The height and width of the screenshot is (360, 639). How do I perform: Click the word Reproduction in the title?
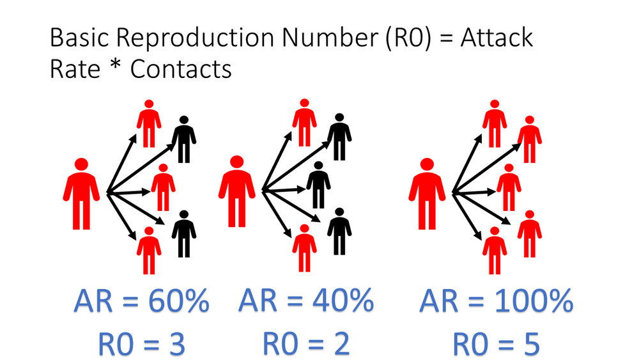pyautogui.click(x=195, y=38)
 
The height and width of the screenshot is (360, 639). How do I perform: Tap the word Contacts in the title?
pyautogui.click(x=181, y=68)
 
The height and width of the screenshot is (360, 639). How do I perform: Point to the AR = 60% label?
pyautogui.click(x=141, y=301)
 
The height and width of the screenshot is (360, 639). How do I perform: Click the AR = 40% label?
pyautogui.click(x=306, y=301)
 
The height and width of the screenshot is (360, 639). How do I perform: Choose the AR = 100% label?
pyautogui.click(x=496, y=301)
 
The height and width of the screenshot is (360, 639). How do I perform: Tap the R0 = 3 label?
pyautogui.click(x=141, y=343)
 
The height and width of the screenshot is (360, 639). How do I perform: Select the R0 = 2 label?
pyautogui.click(x=306, y=343)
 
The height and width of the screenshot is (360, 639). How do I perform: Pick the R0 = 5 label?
pyautogui.click(x=497, y=343)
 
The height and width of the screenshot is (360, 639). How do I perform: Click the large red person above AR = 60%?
pyautogui.click(x=81, y=194)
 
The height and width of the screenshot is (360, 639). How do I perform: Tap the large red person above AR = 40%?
pyautogui.click(x=237, y=191)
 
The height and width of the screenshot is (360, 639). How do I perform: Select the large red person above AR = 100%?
pyautogui.click(x=427, y=194)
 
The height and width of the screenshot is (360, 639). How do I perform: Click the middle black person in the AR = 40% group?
pyautogui.click(x=318, y=185)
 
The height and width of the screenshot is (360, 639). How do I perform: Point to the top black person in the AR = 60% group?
pyautogui.click(x=184, y=139)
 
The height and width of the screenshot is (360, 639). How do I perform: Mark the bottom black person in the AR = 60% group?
pyautogui.click(x=184, y=234)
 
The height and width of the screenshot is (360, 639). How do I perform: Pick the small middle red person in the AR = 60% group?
pyautogui.click(x=163, y=187)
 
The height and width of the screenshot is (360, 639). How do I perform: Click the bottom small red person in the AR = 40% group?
pyautogui.click(x=304, y=248)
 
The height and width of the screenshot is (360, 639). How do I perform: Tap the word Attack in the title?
pyautogui.click(x=497, y=38)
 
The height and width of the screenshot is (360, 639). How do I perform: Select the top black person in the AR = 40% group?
pyautogui.click(x=339, y=137)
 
